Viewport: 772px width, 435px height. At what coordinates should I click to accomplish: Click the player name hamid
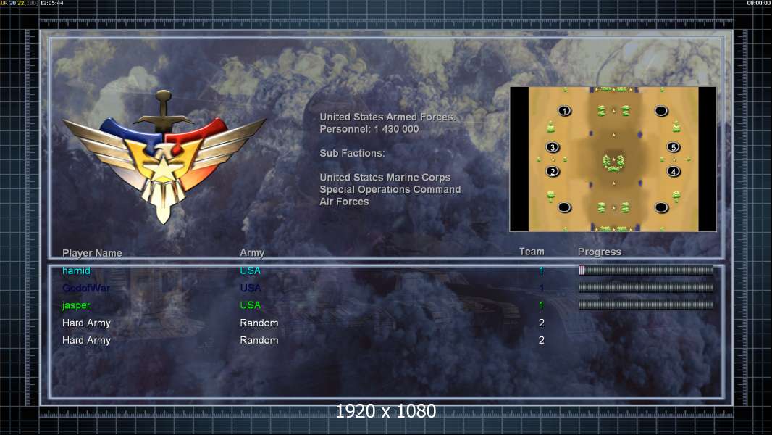tap(77, 271)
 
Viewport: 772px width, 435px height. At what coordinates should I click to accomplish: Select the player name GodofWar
tap(86, 289)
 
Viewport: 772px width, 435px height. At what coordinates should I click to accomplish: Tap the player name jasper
tap(76, 306)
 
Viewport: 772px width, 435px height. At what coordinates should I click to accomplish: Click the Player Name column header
tap(92, 253)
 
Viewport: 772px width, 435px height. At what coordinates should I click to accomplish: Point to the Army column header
tap(252, 253)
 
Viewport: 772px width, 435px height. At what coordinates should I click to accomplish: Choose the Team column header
tap(532, 252)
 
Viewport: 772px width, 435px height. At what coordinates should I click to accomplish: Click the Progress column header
tap(600, 252)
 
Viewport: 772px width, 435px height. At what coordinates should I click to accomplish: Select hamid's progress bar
tap(646, 270)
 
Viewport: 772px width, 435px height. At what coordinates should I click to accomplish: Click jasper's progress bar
tap(646, 305)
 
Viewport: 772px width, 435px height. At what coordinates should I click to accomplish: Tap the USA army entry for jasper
tap(250, 306)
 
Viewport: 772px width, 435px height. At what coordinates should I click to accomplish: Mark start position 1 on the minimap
tap(565, 111)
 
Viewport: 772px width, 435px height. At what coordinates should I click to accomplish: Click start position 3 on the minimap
tap(553, 148)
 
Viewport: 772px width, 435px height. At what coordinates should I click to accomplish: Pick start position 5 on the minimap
tap(674, 148)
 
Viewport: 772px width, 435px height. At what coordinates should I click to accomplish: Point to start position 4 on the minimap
tap(674, 172)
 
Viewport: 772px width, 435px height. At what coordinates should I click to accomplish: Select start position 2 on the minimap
tap(553, 172)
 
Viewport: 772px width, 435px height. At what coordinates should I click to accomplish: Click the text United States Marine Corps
tap(385, 178)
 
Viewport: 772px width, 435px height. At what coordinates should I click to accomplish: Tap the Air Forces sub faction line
tap(344, 202)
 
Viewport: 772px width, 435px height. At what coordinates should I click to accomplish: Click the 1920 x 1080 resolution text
tap(386, 412)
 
